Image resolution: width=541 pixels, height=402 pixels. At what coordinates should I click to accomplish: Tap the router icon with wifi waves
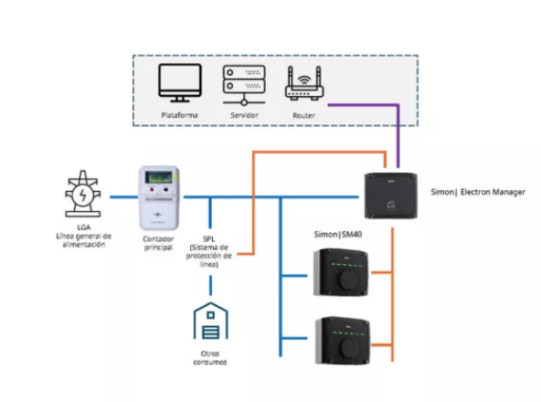304,84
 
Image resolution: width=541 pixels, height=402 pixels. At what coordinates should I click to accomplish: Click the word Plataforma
179,116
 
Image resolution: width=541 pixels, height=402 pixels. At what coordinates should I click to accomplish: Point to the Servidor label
243,116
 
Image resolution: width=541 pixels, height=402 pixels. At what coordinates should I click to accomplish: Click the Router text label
304,116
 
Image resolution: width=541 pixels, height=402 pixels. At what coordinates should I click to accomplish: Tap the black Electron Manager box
390,194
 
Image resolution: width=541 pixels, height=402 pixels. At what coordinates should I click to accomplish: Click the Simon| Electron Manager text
477,193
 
